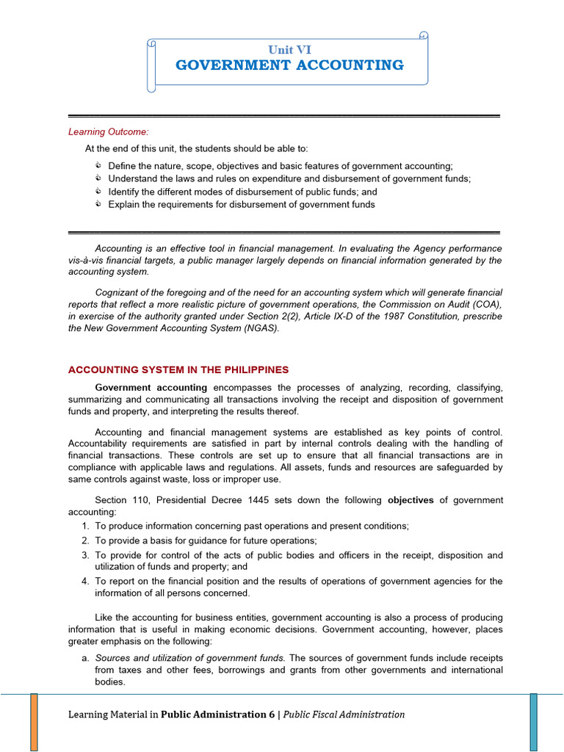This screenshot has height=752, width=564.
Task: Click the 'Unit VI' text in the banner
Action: coord(289,49)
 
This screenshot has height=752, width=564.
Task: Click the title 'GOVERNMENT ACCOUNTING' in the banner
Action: coord(289,65)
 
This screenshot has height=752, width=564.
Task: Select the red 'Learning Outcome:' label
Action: coord(98,132)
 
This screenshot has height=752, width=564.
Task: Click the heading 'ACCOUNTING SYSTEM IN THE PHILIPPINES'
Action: coord(178,369)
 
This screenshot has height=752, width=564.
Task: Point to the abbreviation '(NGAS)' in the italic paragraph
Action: coord(261,328)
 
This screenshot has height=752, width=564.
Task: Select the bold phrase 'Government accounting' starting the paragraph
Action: coord(151,388)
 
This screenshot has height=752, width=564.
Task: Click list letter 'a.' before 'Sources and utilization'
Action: coord(85,658)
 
